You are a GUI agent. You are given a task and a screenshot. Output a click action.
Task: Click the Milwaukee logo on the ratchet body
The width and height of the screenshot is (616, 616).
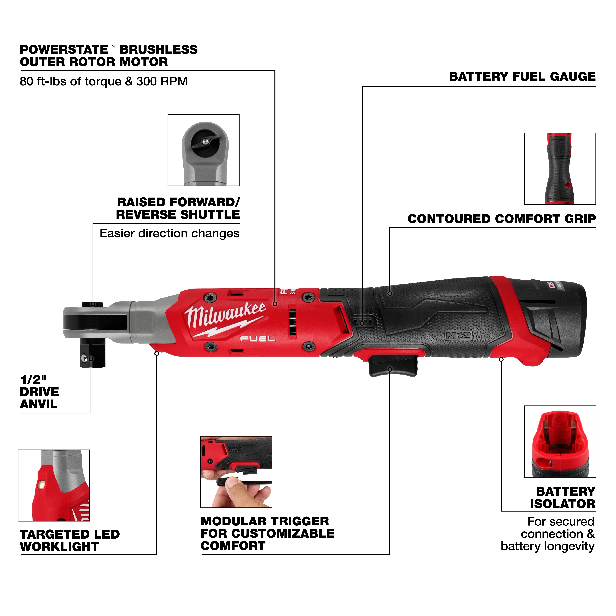(x=225, y=319)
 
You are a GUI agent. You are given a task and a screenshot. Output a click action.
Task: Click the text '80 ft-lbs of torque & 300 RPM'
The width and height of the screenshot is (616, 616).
(x=104, y=82)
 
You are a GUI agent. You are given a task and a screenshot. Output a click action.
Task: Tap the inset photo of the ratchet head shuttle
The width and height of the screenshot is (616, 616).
(x=203, y=150)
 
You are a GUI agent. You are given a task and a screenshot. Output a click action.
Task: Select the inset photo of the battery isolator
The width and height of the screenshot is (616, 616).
(x=560, y=441)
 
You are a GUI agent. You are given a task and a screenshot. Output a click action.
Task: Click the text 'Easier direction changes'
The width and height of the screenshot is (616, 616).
(x=169, y=233)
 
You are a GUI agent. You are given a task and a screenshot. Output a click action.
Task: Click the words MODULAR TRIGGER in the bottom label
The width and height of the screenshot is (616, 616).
(x=264, y=521)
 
